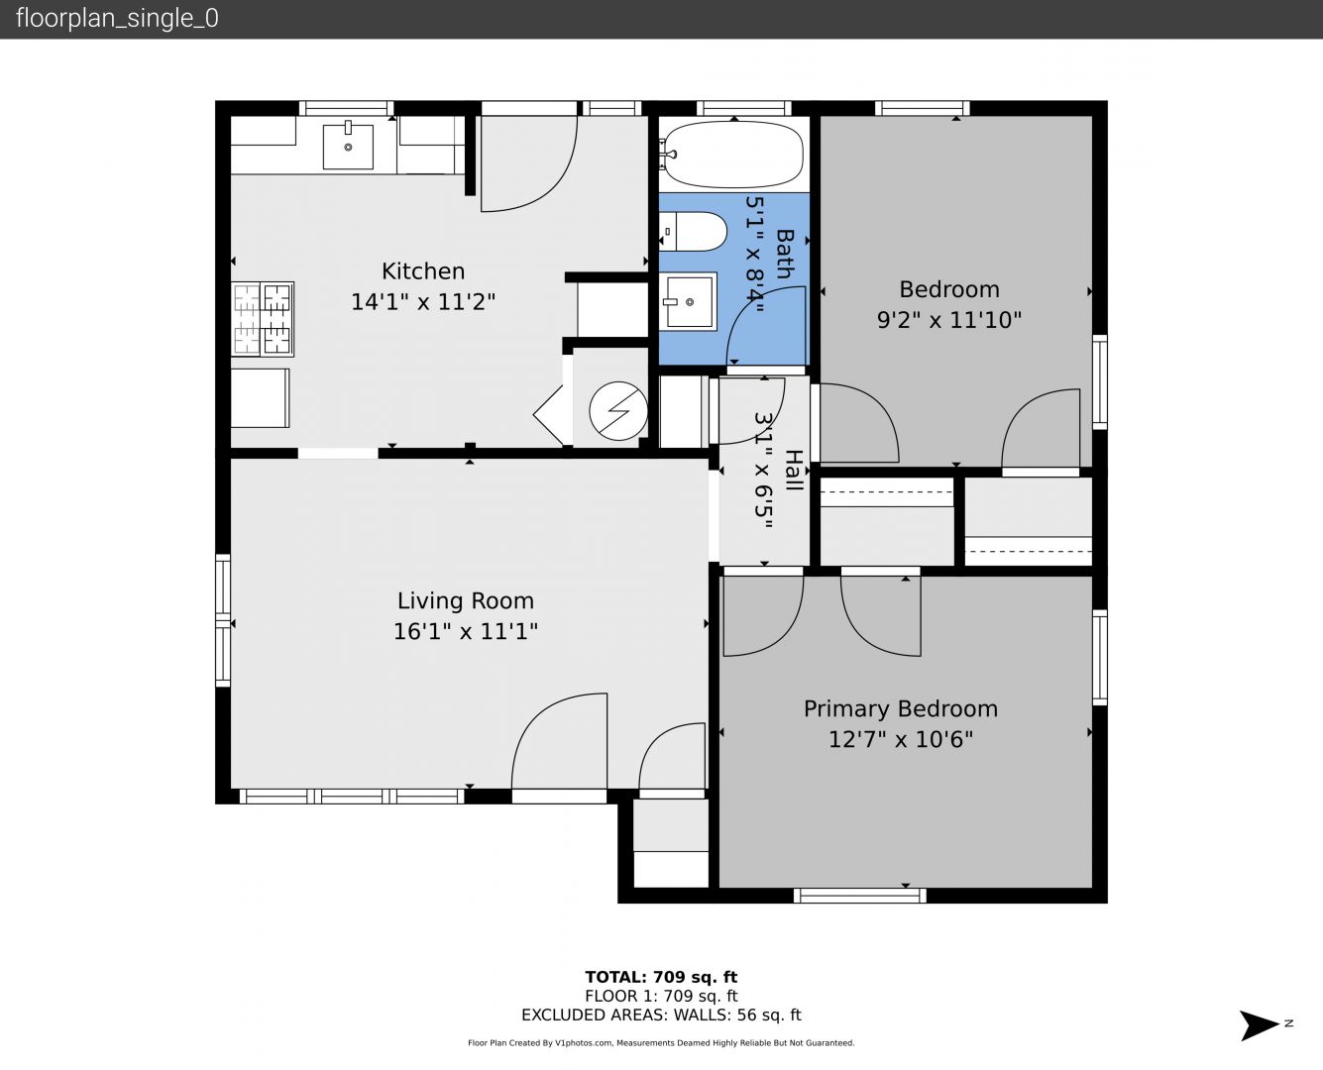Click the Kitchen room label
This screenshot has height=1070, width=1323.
point(423,271)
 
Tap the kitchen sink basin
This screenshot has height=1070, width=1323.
point(348,147)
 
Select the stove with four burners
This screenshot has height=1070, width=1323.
point(263,319)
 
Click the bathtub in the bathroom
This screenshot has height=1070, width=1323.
point(733,154)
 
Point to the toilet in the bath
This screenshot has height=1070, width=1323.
point(693,232)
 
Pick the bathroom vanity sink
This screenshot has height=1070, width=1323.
point(688,302)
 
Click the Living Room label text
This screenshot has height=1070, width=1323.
point(466,600)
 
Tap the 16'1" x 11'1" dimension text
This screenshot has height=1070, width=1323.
point(466,631)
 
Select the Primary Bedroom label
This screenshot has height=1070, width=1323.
point(901,708)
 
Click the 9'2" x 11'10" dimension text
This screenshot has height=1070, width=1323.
point(949,320)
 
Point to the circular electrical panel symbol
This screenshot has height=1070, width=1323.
point(618,410)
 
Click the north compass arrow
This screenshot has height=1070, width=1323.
point(1260,1024)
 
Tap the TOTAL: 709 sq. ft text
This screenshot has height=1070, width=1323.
point(661,977)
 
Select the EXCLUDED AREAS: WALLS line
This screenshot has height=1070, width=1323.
point(661,1015)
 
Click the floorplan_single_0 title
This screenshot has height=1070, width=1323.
point(117,19)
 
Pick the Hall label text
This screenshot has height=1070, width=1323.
point(795,470)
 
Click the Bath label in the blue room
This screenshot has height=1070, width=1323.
point(785,254)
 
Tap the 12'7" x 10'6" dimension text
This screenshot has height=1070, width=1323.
point(901,740)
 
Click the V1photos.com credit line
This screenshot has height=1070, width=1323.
point(661,1042)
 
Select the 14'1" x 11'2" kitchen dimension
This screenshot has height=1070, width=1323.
point(423,302)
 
